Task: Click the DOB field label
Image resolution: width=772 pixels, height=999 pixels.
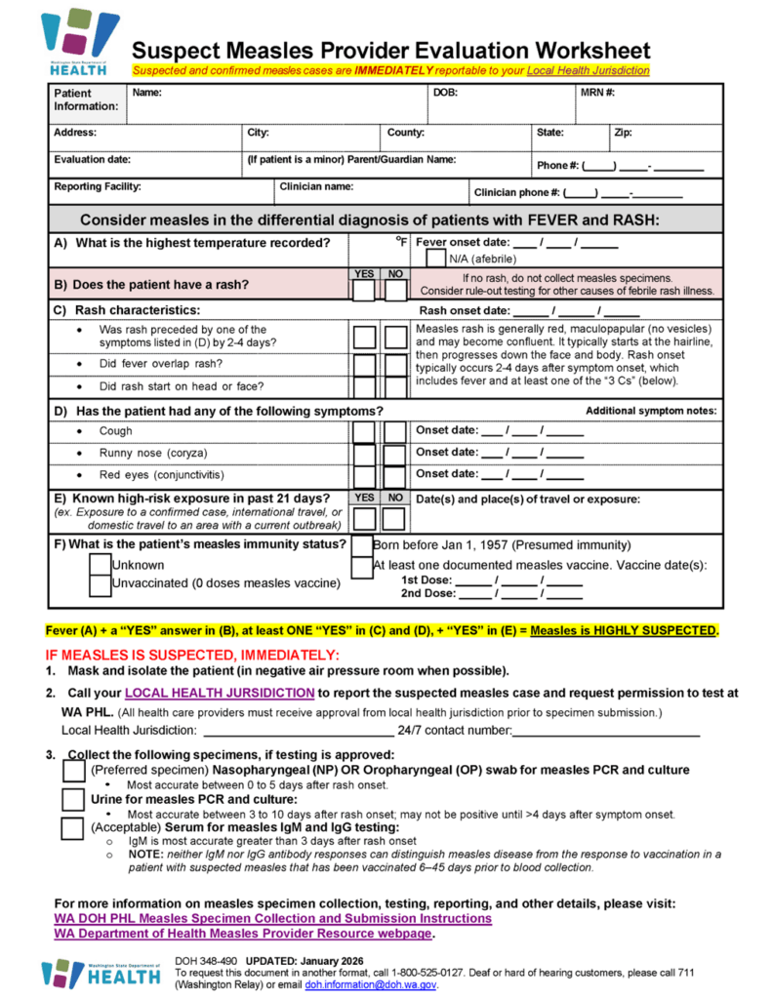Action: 444,94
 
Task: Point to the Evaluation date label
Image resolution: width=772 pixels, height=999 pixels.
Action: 93,160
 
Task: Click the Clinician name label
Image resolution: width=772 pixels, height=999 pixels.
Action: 316,186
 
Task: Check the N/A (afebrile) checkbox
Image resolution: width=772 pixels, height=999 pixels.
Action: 436,259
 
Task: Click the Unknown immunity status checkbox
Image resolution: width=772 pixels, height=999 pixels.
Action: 100,565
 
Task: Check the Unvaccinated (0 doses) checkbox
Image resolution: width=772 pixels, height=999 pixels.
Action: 100,584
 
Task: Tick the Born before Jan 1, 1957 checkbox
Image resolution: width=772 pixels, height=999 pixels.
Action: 361,545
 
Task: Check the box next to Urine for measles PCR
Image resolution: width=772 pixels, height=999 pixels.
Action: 73,800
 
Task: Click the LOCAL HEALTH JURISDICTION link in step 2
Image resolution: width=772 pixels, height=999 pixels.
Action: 220,694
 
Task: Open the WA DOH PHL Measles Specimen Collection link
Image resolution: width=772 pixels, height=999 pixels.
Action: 272,919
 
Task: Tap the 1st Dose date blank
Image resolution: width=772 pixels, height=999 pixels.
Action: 519,579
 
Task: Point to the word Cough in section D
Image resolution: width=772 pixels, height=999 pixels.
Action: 115,431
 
